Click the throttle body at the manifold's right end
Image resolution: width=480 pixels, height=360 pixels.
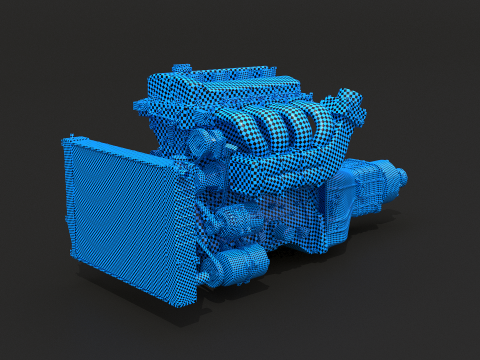click(x=348, y=105)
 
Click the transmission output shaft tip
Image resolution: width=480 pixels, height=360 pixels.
click(x=402, y=177)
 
